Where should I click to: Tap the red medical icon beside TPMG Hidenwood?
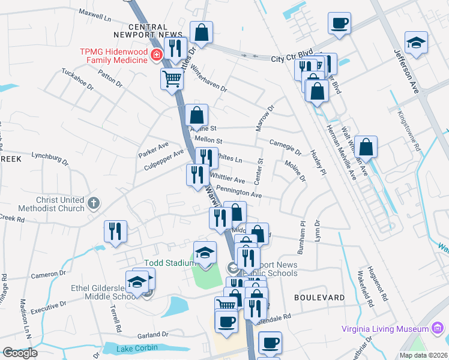pos(157,56)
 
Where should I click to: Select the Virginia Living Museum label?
pos(385,328)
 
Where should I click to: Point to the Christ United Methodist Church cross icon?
pos(93,203)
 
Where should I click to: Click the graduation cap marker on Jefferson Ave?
pos(416,43)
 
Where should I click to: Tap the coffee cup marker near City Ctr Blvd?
pos(339,23)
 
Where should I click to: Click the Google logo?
pos(20,353)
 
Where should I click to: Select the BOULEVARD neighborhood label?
pos(320,298)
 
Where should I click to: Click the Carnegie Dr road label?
pos(285,147)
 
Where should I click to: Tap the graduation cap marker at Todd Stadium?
pos(205,252)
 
